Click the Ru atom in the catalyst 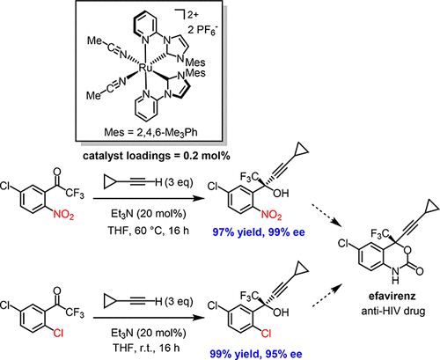point(145,69)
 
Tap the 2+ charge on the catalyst point(193,15)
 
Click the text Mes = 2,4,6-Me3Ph point(150,132)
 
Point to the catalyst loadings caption point(157,156)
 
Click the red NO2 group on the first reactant point(63,215)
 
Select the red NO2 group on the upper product point(271,215)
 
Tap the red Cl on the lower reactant point(58,334)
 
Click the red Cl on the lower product point(266,334)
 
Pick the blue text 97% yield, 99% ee point(259,232)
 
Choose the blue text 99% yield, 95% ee point(256,354)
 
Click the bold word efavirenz point(392,296)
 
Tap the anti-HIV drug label point(393,311)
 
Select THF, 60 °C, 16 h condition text point(149,231)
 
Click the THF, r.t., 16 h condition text point(146,348)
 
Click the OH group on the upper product point(281,194)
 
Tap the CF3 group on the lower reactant point(75,312)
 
